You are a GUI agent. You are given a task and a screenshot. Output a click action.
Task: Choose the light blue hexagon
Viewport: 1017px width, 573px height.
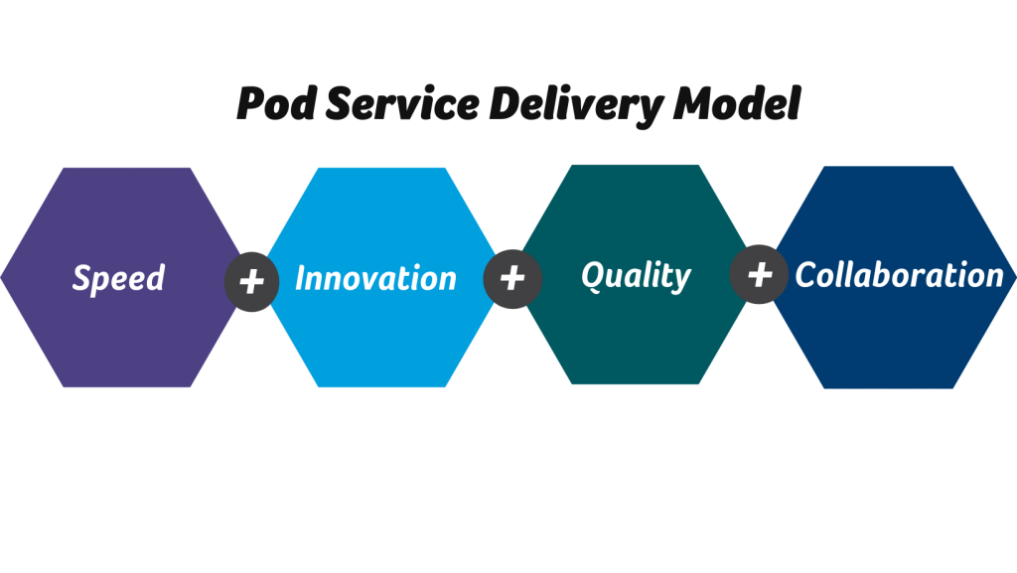click(381, 277)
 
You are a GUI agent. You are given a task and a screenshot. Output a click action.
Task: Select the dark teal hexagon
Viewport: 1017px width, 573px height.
click(635, 274)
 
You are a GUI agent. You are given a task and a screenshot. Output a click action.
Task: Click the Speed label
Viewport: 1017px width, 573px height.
click(119, 279)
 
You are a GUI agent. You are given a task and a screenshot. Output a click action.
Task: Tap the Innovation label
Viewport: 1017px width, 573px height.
click(376, 278)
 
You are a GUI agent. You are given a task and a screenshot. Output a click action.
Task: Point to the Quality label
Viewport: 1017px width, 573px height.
click(637, 277)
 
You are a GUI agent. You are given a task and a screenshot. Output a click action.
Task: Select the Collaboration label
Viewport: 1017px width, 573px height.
click(900, 275)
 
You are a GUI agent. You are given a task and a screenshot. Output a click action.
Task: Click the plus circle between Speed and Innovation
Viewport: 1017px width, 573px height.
click(251, 282)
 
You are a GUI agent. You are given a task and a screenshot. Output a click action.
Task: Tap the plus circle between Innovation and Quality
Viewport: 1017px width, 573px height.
click(512, 279)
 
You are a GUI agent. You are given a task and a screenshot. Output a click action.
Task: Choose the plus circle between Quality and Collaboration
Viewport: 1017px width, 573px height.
click(759, 274)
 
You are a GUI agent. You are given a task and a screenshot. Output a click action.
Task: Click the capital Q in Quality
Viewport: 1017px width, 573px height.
click(593, 275)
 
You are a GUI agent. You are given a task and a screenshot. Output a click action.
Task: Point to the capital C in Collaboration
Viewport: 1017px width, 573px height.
click(806, 275)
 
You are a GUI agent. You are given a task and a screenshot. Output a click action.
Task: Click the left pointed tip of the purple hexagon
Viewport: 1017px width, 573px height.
click(1, 277)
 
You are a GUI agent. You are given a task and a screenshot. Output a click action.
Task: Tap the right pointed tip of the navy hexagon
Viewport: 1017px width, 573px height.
click(1016, 277)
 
